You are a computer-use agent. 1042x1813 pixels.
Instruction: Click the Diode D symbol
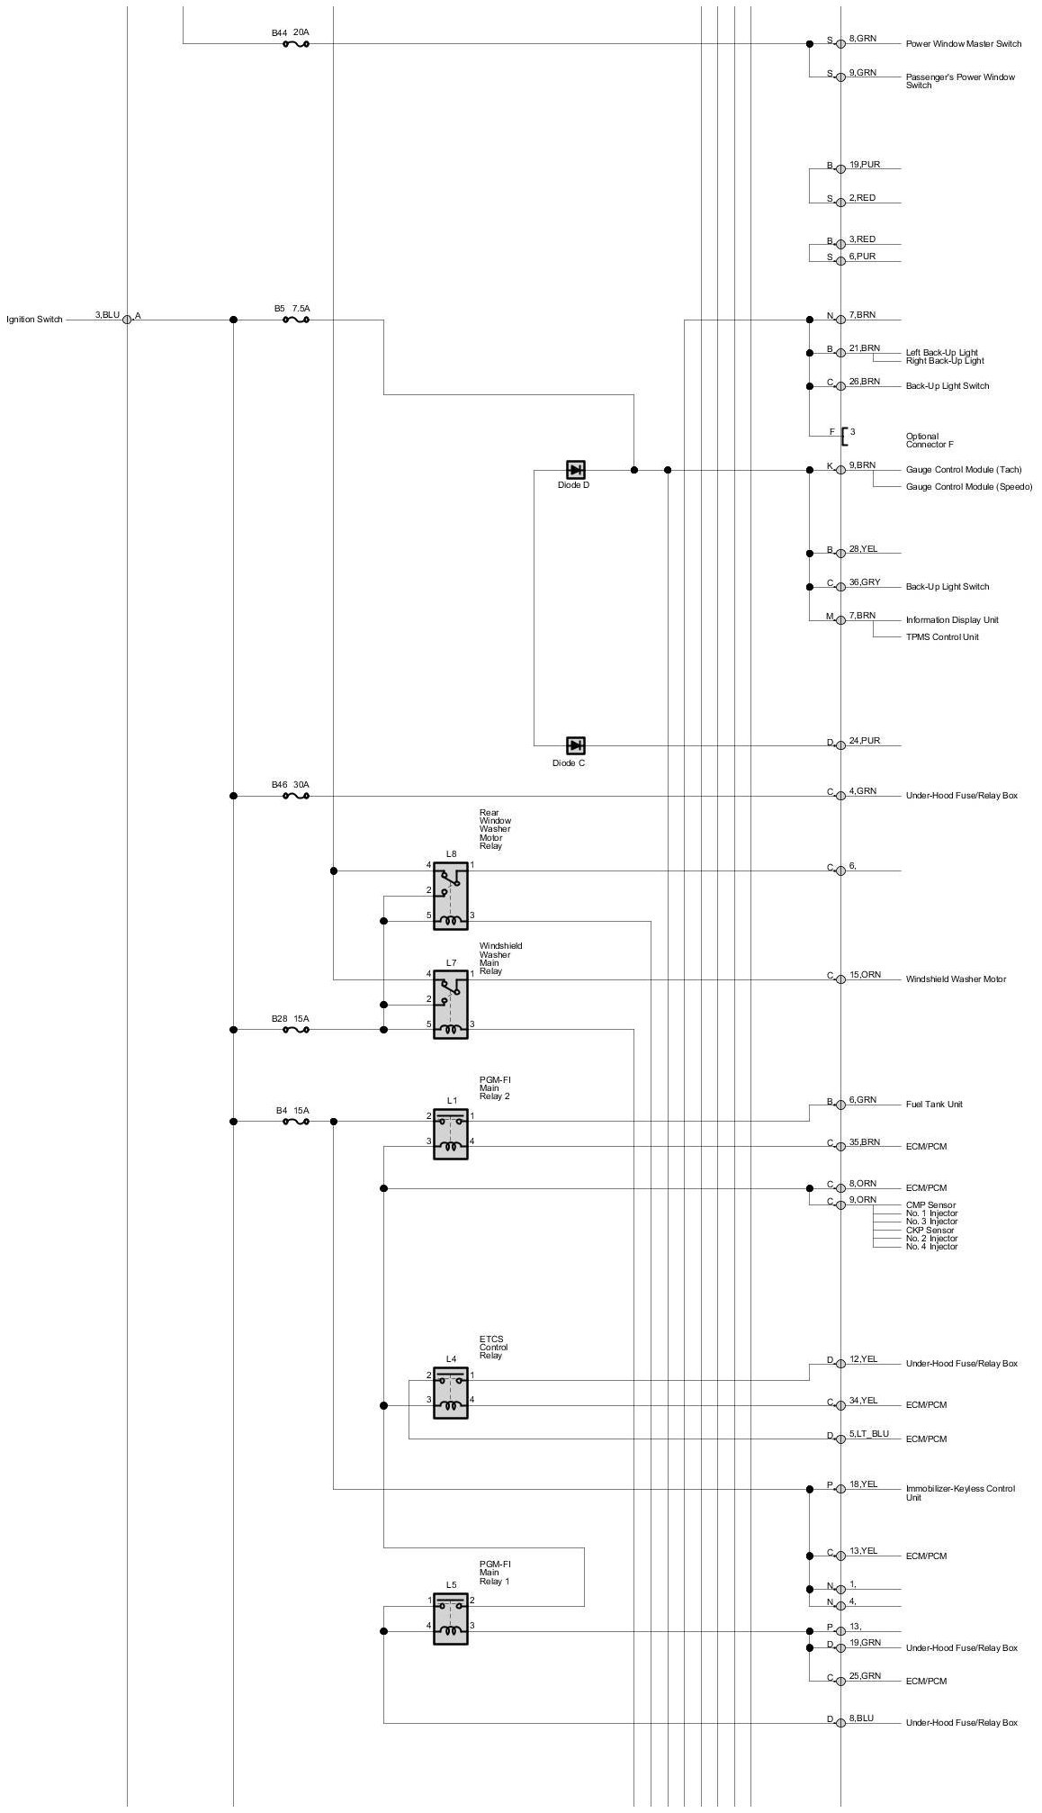click(x=576, y=469)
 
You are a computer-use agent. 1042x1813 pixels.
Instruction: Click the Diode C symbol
click(x=576, y=745)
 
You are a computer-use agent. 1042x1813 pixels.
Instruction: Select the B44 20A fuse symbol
click(x=296, y=43)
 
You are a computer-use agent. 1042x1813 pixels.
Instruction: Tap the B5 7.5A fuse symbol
click(x=296, y=320)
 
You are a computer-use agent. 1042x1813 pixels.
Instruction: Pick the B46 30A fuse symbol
click(x=296, y=796)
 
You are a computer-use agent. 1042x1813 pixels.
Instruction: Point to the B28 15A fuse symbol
click(x=296, y=1029)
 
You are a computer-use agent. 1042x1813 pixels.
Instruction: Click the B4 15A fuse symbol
click(x=296, y=1121)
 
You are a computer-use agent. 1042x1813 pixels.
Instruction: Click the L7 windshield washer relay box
click(x=451, y=1004)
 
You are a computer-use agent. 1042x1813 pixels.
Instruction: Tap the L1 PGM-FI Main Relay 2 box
click(x=451, y=1133)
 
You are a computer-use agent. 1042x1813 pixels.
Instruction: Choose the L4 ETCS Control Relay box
click(x=451, y=1393)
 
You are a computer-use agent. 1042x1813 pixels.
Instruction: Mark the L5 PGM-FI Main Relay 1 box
click(x=451, y=1619)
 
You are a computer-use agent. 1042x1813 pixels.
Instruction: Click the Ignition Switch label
click(x=35, y=320)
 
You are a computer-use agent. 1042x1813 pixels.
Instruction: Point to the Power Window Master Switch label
click(x=964, y=44)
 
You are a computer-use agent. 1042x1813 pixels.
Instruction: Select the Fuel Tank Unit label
click(x=934, y=1105)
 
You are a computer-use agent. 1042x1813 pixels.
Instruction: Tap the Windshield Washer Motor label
click(x=956, y=979)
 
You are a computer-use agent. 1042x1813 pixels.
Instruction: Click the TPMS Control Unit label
click(x=942, y=637)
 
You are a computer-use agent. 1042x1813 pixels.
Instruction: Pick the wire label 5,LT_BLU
click(x=869, y=1433)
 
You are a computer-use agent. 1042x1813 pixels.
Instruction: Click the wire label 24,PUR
click(x=865, y=741)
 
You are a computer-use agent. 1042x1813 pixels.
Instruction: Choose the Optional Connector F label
click(x=930, y=440)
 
